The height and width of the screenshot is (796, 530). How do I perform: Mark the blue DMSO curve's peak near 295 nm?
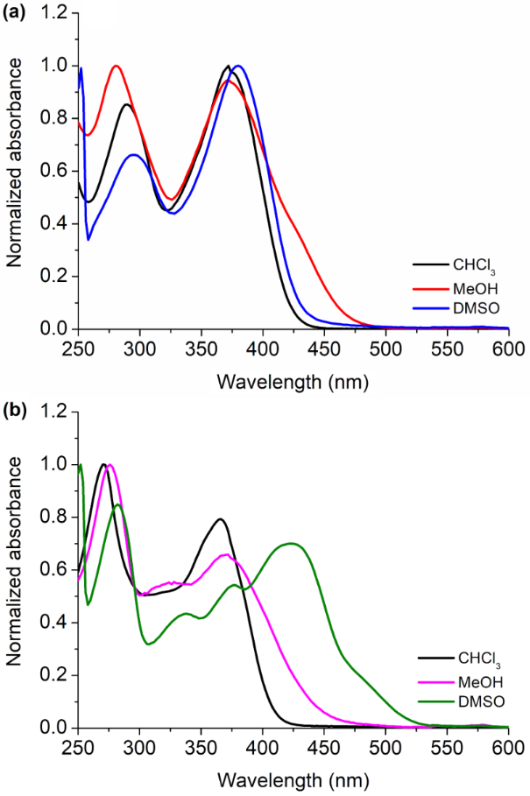pos(133,155)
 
